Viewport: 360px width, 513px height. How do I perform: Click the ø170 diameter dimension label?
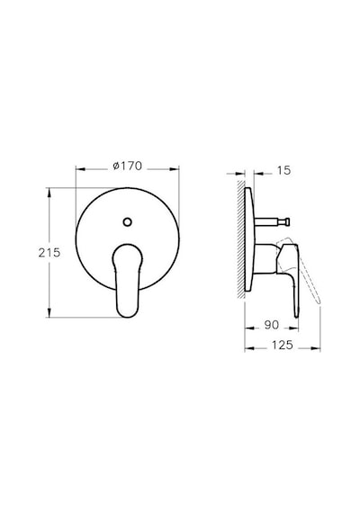[127, 166]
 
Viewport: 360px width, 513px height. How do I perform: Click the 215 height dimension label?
[49, 253]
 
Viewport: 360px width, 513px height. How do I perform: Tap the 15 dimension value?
[283, 170]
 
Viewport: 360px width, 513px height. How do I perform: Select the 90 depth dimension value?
[271, 325]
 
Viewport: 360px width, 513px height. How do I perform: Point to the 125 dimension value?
[282, 345]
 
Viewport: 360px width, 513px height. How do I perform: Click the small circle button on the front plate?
[128, 221]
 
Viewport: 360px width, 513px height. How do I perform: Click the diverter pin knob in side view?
[287, 221]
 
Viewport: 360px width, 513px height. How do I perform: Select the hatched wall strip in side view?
[241, 238]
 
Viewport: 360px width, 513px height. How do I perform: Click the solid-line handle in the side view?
[292, 278]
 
